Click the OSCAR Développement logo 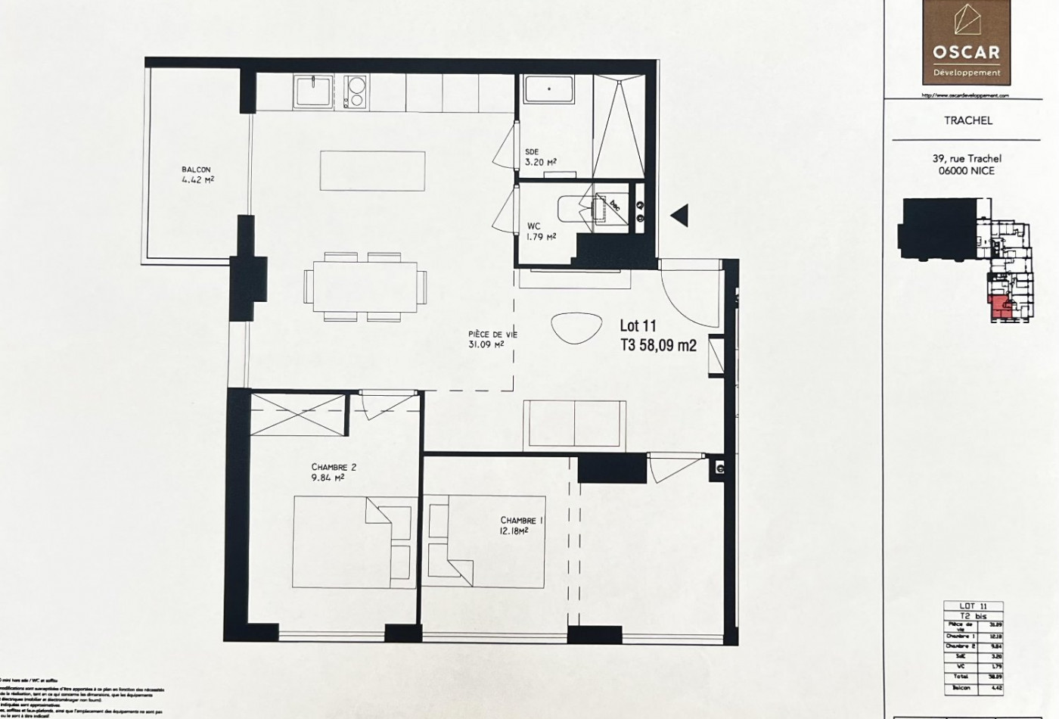[x=966, y=42]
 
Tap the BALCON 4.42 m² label [x=196, y=175]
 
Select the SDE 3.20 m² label [x=540, y=157]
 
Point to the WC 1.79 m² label [x=541, y=231]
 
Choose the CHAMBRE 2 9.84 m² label [x=333, y=472]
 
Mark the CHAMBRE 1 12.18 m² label [x=521, y=525]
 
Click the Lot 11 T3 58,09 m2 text [x=657, y=335]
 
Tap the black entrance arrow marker [x=679, y=216]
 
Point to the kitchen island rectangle [x=367, y=170]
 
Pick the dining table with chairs [x=365, y=287]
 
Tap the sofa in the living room [x=575, y=424]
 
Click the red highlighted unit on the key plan [x=1001, y=307]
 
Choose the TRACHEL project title [x=967, y=120]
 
